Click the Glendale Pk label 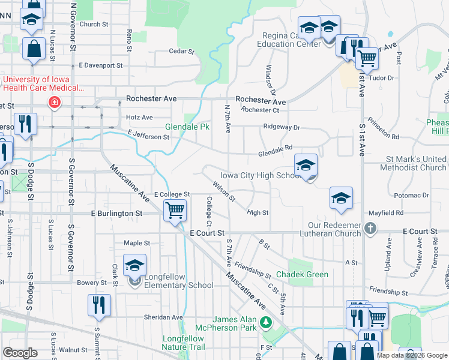coord(187,127)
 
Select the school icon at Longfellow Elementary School coord(135,266)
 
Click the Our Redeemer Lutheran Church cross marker coord(371,228)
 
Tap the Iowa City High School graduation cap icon coord(306,165)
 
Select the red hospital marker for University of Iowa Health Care coord(55,102)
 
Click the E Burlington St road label coord(116,213)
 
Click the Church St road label coord(93,25)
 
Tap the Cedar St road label coord(181,52)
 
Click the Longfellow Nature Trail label coord(184,343)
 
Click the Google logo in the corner coord(20,353)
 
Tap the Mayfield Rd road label coord(386,212)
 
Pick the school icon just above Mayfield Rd coord(341,199)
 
